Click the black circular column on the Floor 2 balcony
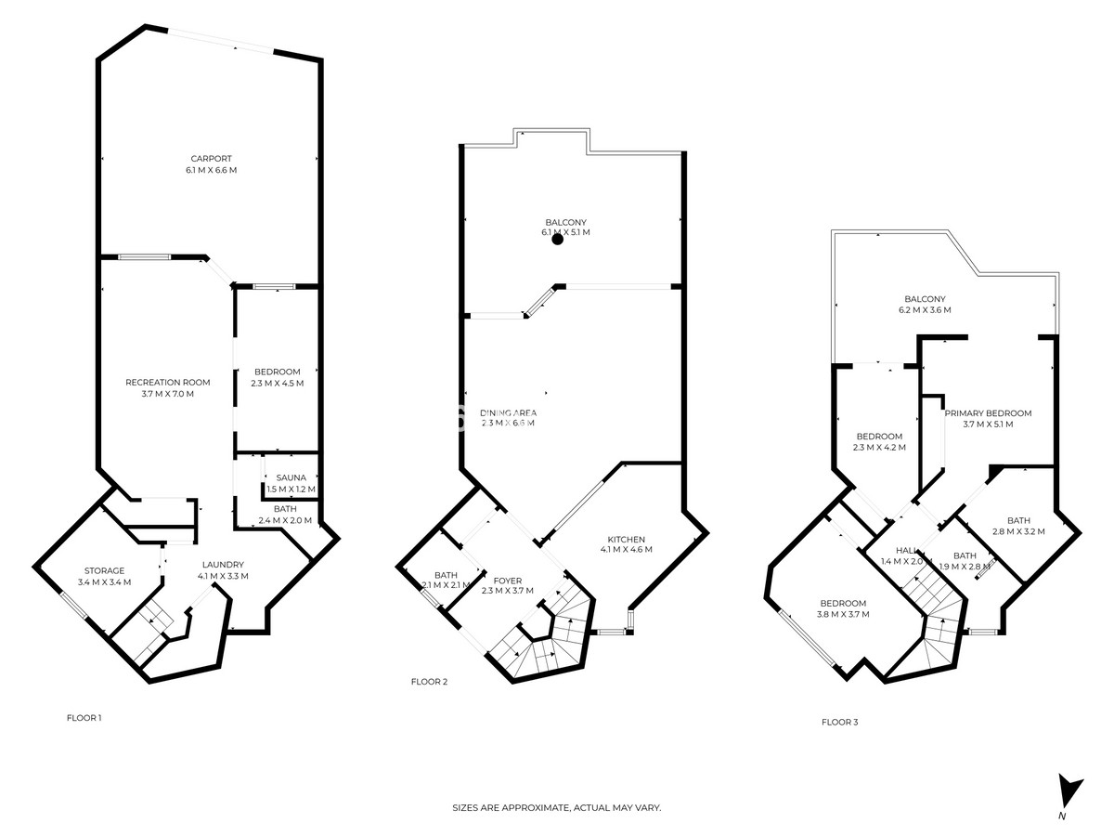558,239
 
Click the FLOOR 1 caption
84,717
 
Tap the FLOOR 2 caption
429,682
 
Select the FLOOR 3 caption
839,721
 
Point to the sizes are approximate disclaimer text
556,808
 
